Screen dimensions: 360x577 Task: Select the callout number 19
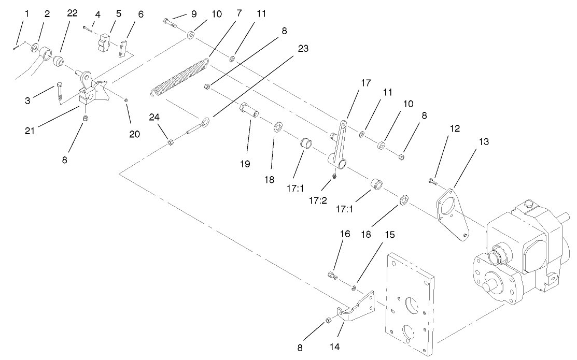tap(245, 164)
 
